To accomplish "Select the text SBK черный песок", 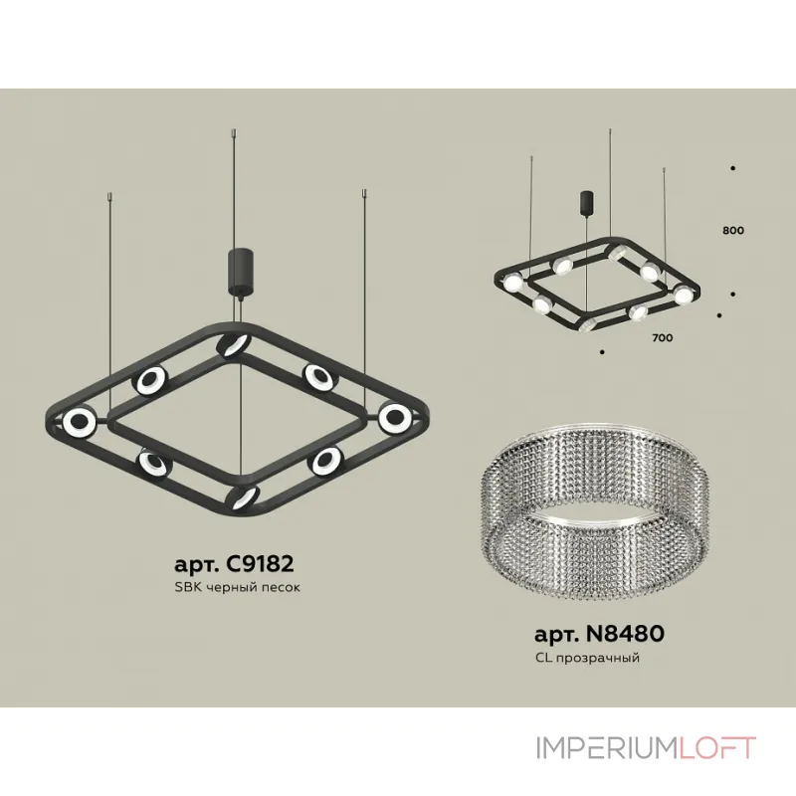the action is click(x=237, y=587).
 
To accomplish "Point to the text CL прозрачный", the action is click(x=587, y=658).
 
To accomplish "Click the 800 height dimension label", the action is click(x=733, y=231).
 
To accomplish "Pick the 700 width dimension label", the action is click(x=663, y=337).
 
